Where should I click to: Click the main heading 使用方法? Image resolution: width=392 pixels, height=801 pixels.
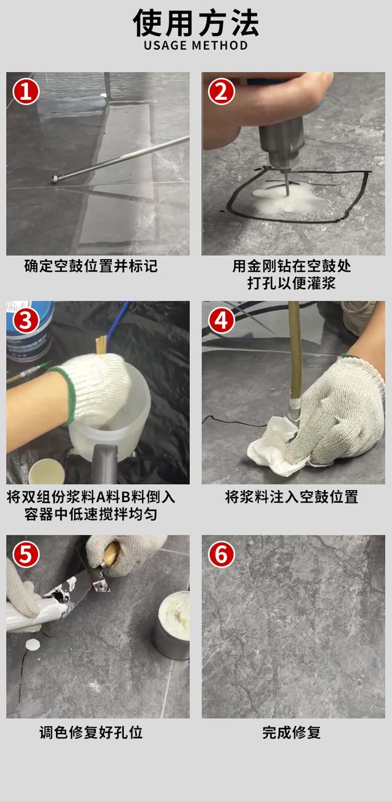point(196,23)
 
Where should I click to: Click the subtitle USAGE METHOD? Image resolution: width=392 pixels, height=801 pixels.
point(196,46)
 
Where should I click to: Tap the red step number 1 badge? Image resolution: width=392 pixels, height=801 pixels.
point(26,92)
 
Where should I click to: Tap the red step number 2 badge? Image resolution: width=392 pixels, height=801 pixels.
point(221,92)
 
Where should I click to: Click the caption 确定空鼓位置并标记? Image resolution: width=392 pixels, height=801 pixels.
point(91,266)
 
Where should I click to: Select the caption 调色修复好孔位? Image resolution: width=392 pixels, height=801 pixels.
point(91,732)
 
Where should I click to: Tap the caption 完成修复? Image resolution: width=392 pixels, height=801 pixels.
point(292,732)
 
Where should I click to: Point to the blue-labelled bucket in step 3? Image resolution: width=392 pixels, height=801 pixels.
point(31,334)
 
